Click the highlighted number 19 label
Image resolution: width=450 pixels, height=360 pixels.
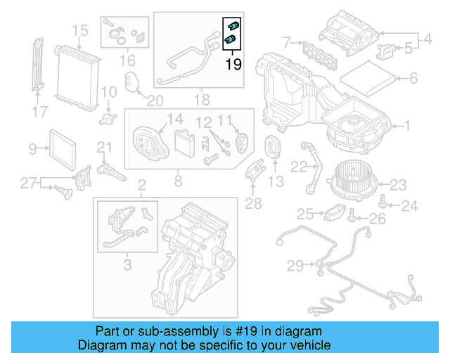click(233, 65)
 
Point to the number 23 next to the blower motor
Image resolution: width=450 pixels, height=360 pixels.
click(398, 186)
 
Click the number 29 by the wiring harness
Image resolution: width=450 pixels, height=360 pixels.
click(295, 265)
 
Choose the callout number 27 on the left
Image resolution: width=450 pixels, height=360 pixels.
click(27, 184)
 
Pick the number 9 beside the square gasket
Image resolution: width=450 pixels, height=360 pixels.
click(32, 148)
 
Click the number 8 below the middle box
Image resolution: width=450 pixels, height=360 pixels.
click(178, 181)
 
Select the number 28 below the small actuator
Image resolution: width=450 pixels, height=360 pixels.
click(253, 204)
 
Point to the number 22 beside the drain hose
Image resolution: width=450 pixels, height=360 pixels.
click(299, 167)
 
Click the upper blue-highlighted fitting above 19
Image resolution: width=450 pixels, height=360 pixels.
click(233, 27)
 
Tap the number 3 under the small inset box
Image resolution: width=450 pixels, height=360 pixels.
click(127, 264)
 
